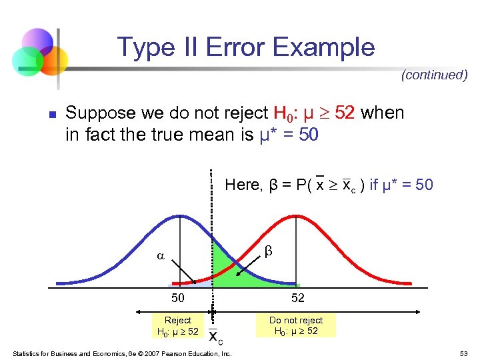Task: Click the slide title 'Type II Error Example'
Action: pos(246,47)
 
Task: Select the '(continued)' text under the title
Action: pos(434,75)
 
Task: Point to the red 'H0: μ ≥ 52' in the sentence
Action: pos(314,113)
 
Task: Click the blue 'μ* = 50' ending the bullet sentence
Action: pos(289,135)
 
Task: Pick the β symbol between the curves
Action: pos(269,251)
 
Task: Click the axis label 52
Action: pos(296,298)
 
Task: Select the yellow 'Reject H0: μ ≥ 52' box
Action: pos(177,326)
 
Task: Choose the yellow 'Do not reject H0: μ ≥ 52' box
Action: pos(295,326)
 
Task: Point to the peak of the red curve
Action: pos(296,216)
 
